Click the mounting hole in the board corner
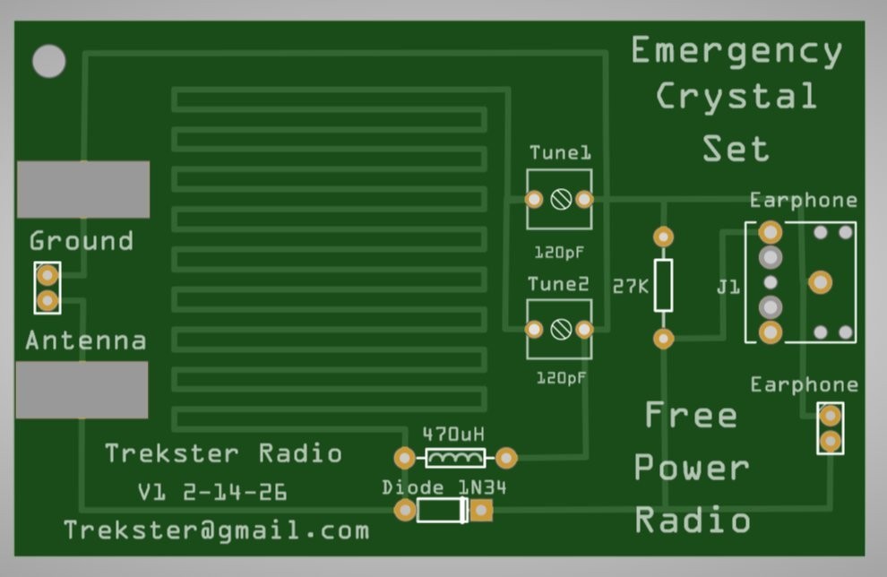[x=49, y=61]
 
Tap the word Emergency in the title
[x=736, y=51]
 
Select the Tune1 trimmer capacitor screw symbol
[x=561, y=200]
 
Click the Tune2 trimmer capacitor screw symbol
[x=561, y=330]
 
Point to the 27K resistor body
[x=663, y=286]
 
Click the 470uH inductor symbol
[x=455, y=459]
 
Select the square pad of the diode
[x=482, y=511]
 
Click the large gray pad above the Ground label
[x=83, y=189]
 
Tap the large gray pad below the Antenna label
[x=82, y=389]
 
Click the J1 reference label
[x=728, y=288]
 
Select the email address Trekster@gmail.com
[x=216, y=530]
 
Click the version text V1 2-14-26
[x=212, y=492]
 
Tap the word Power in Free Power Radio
[x=692, y=468]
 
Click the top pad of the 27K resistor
[x=663, y=237]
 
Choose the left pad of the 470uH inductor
[x=405, y=459]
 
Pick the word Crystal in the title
[x=736, y=97]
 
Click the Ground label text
[x=81, y=241]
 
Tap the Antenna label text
[x=85, y=340]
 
